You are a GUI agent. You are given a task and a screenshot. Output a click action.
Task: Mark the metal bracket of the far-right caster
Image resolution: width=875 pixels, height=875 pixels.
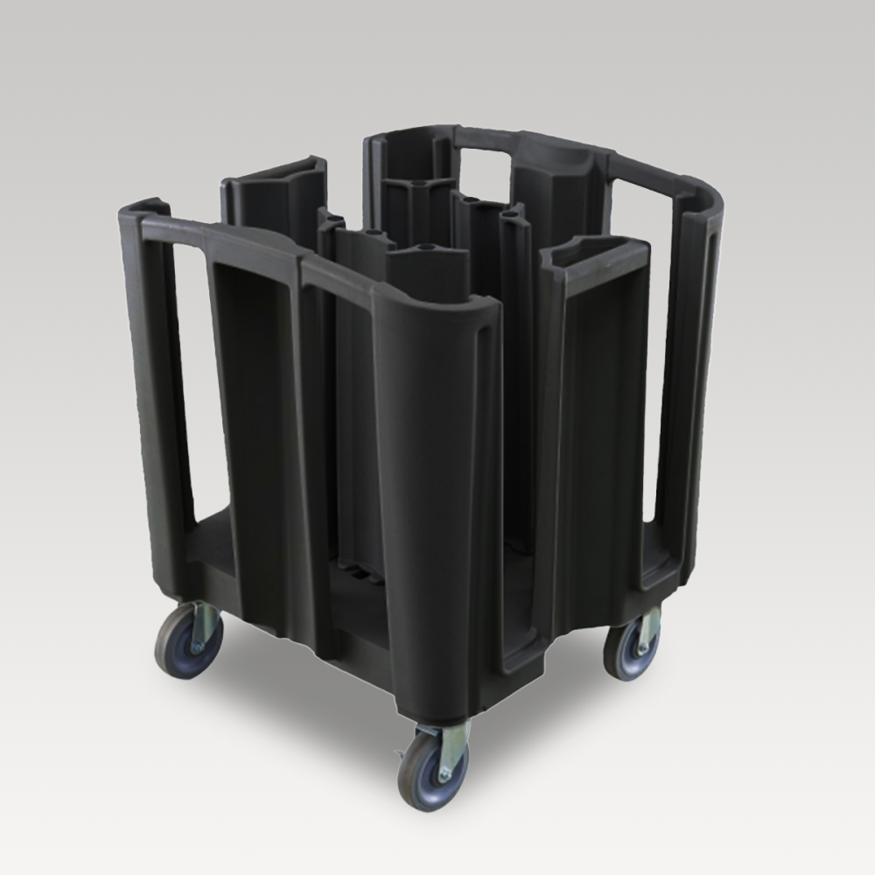648,628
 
